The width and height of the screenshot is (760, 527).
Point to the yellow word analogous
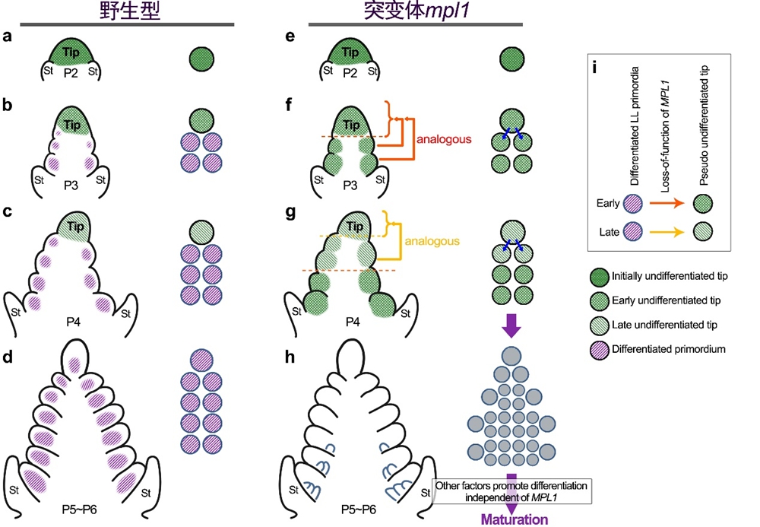(x=432, y=242)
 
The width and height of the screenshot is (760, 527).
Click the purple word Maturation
(x=514, y=519)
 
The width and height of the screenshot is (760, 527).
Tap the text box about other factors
(x=514, y=490)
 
